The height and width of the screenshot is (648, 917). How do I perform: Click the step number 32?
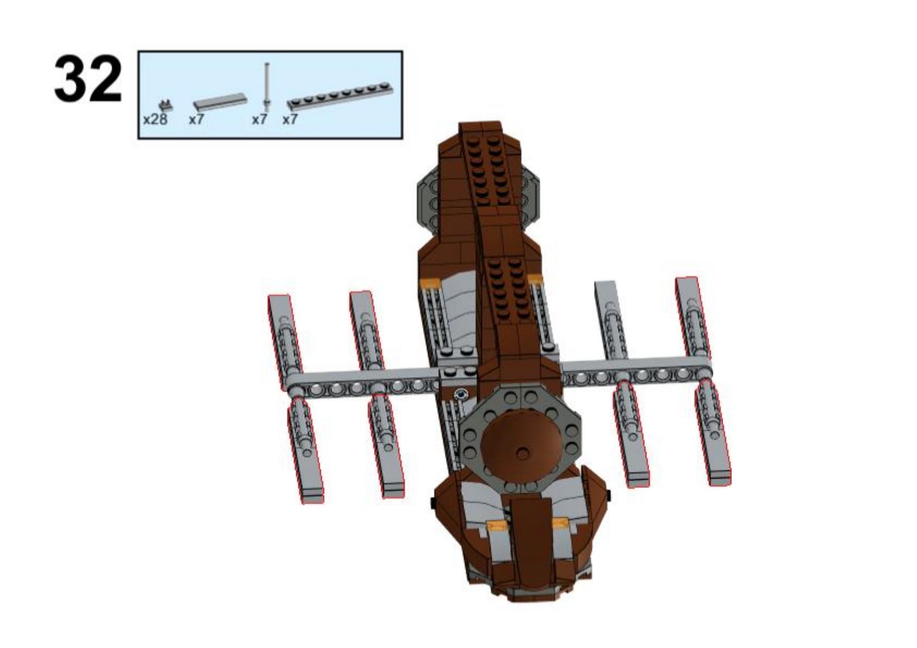[88, 79]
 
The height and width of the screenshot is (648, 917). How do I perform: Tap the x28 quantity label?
[155, 120]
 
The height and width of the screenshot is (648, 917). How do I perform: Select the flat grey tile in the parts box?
[219, 101]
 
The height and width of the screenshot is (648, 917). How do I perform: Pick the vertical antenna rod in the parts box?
[267, 85]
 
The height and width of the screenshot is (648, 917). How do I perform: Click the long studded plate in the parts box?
[340, 96]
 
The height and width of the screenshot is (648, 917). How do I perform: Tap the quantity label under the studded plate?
[290, 120]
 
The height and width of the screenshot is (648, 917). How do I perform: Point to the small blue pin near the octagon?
[460, 394]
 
